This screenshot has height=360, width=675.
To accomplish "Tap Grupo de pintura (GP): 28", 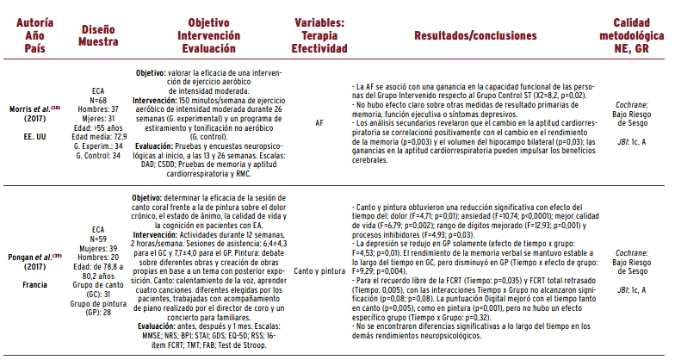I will [x=97, y=307].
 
